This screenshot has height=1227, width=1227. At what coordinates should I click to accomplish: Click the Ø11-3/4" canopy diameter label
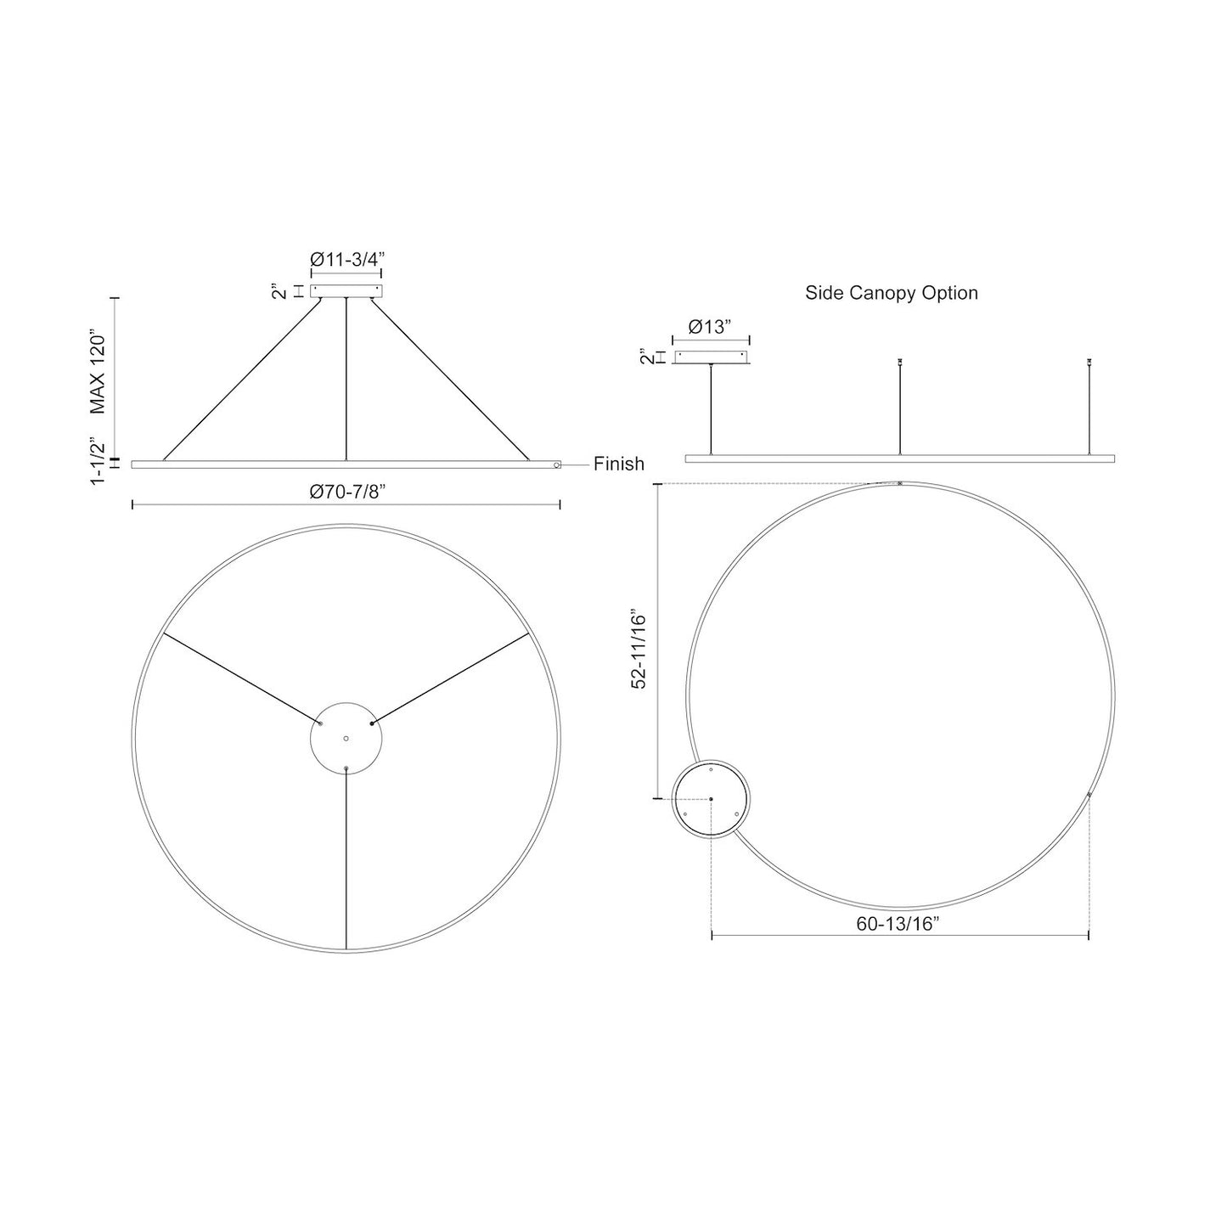tap(347, 260)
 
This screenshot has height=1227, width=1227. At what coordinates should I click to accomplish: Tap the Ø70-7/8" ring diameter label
tap(347, 492)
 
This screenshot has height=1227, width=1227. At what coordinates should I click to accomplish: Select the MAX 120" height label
tap(97, 372)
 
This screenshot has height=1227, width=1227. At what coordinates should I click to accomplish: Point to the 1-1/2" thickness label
tap(97, 461)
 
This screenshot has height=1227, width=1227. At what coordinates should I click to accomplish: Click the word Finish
tap(619, 464)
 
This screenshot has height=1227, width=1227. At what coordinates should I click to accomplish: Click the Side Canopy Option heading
tap(892, 293)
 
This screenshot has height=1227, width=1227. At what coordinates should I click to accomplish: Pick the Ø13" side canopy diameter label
tap(710, 327)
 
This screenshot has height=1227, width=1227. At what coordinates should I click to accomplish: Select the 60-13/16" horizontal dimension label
tap(898, 925)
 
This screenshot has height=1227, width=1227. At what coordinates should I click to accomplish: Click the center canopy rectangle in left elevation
tap(346, 291)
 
